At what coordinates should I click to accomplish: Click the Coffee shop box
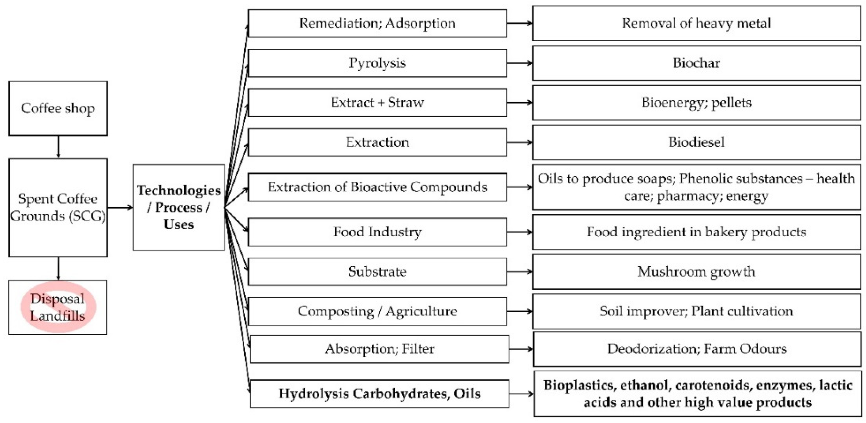pyautogui.click(x=58, y=108)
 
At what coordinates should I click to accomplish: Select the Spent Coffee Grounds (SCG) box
pyautogui.click(x=58, y=207)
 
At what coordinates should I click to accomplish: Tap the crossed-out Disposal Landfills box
pyautogui.click(x=58, y=307)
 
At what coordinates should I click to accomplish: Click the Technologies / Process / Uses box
pyautogui.click(x=178, y=207)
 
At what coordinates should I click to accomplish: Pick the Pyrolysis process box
pyautogui.click(x=377, y=63)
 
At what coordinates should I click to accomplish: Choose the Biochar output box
pyautogui.click(x=696, y=63)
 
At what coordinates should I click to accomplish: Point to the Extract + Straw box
pyautogui.click(x=377, y=103)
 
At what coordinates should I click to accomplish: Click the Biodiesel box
pyautogui.click(x=696, y=142)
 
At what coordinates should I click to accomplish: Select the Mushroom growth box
pyautogui.click(x=696, y=272)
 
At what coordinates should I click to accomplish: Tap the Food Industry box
pyautogui.click(x=377, y=232)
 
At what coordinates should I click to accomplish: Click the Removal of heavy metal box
pyautogui.click(x=696, y=23)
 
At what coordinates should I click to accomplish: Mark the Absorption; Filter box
pyautogui.click(x=379, y=349)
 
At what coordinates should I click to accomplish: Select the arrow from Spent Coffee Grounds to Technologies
pyautogui.click(x=120, y=207)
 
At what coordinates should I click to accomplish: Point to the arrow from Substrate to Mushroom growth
pyautogui.click(x=519, y=272)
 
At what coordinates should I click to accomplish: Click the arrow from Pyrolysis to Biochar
pyautogui.click(x=519, y=63)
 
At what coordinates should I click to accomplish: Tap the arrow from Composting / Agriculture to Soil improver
pyautogui.click(x=519, y=311)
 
